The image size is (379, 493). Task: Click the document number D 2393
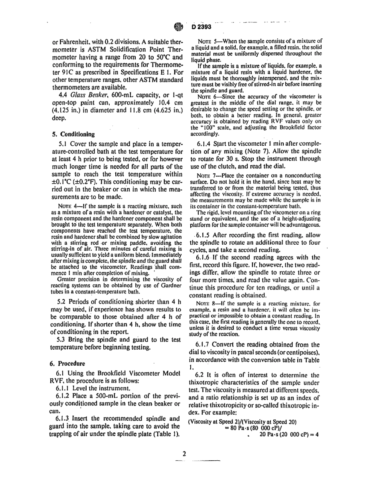201,27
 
